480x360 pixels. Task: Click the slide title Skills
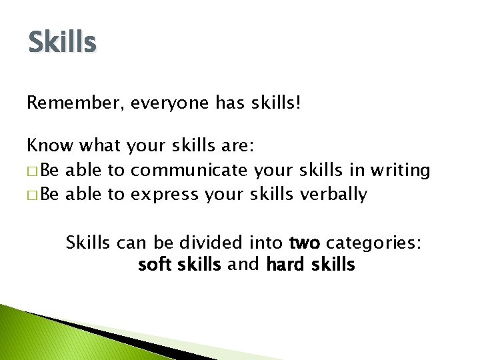click(x=63, y=42)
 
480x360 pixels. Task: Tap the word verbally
click(x=333, y=195)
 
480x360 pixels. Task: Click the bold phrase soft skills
click(x=179, y=265)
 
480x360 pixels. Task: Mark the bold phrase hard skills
click(x=310, y=265)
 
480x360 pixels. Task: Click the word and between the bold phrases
click(x=243, y=265)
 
